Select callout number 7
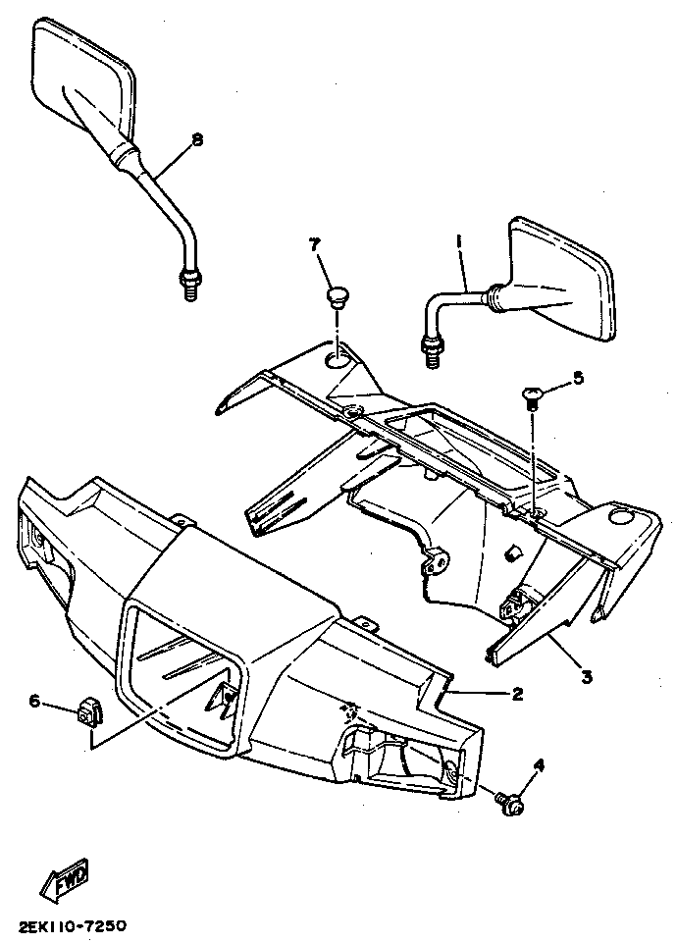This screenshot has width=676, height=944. coord(316,243)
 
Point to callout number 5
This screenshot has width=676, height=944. coord(578,377)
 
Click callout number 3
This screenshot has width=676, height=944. coord(587,676)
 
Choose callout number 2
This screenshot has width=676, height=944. coord(517,694)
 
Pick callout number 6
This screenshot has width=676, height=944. coord(34,701)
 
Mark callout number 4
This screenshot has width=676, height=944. coord(539,767)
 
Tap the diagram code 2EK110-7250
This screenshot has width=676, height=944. coord(72,925)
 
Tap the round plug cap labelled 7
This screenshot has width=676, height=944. coord(338,295)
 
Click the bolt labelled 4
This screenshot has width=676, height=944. coord(510,804)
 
